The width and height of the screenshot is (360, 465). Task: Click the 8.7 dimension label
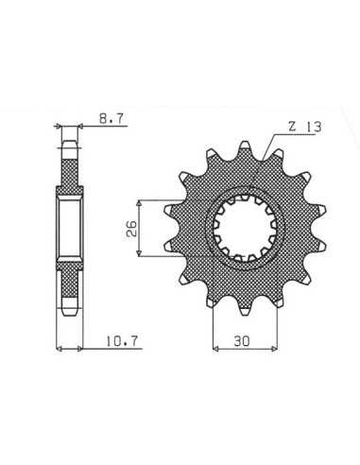coord(111,119)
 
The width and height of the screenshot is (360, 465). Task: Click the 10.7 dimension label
coord(122,341)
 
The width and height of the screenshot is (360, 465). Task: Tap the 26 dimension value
coord(131,228)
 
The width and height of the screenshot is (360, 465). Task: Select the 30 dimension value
coord(242,340)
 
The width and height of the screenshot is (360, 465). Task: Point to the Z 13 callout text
coord(305,127)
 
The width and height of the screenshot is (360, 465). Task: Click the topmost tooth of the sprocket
coord(245,147)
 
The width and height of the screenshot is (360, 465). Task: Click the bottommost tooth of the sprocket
coord(245,310)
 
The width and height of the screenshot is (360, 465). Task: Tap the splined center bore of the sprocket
coord(245,229)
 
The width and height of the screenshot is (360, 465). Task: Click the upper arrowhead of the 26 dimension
coord(139,203)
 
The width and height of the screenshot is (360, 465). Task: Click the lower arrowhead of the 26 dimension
coord(139,252)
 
